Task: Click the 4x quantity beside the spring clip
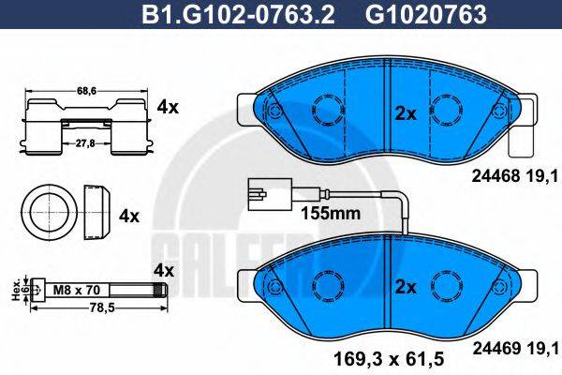[168, 108]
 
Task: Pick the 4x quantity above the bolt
[164, 269]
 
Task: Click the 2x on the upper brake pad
[405, 113]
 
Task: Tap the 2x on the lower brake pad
[405, 285]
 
